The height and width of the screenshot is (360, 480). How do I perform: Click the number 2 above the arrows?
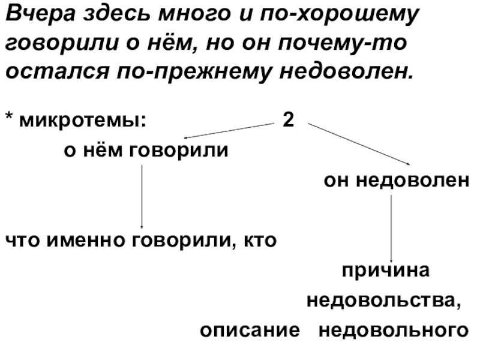point(288,119)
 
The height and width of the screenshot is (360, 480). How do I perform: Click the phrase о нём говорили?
point(146,150)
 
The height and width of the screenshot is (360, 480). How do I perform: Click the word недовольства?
point(384,299)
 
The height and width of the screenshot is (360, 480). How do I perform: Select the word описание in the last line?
point(250,330)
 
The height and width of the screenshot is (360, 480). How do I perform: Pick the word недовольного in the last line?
point(392,330)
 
